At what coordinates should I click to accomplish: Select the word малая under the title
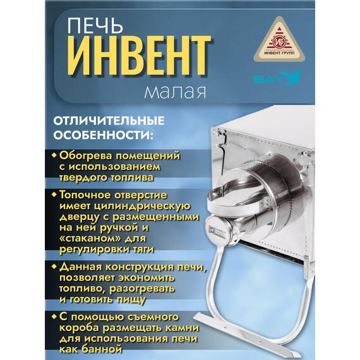tap(175, 92)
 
